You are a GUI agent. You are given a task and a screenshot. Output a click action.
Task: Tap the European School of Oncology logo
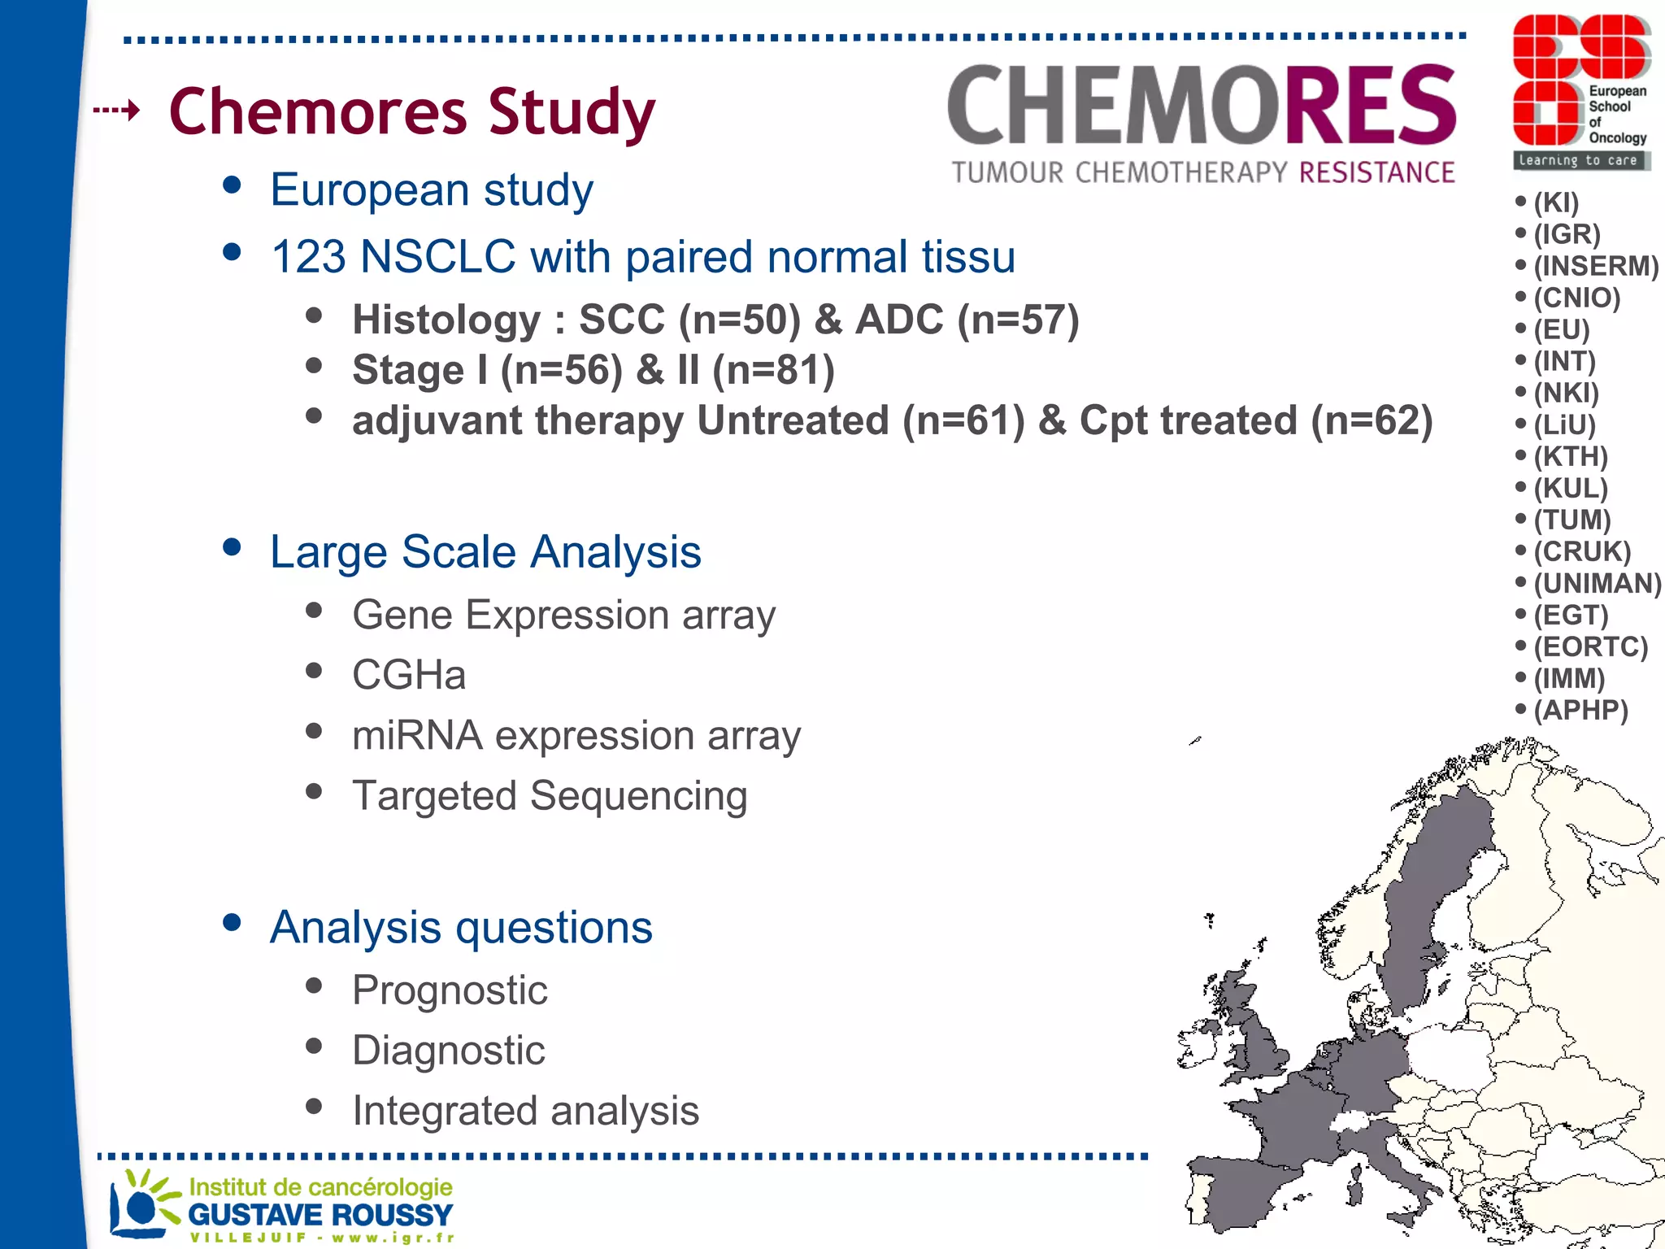coord(1580,91)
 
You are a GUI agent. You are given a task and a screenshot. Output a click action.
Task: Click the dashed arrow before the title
coord(116,109)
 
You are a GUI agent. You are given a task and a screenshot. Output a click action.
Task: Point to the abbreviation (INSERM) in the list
coord(1595,266)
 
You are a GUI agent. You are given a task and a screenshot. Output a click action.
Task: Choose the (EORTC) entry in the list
coord(1589,646)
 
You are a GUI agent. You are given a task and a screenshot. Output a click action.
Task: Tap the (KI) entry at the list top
coord(1555,202)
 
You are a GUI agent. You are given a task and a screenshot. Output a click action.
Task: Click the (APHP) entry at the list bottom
coord(1580,710)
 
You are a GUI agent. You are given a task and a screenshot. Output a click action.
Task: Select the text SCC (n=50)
coord(689,320)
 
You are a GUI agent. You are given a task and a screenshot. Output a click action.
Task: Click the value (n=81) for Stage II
coord(772,370)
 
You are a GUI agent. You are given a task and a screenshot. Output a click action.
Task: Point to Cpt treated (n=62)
coord(1255,421)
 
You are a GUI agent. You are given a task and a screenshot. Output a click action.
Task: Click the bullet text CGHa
coord(409,675)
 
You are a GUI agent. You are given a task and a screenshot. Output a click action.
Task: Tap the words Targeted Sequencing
coord(549,795)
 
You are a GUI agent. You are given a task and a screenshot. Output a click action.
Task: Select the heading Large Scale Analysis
coord(485,552)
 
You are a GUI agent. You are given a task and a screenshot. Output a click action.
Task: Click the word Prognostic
coord(450,990)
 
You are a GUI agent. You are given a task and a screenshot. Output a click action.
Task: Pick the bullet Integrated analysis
coord(525,1111)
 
